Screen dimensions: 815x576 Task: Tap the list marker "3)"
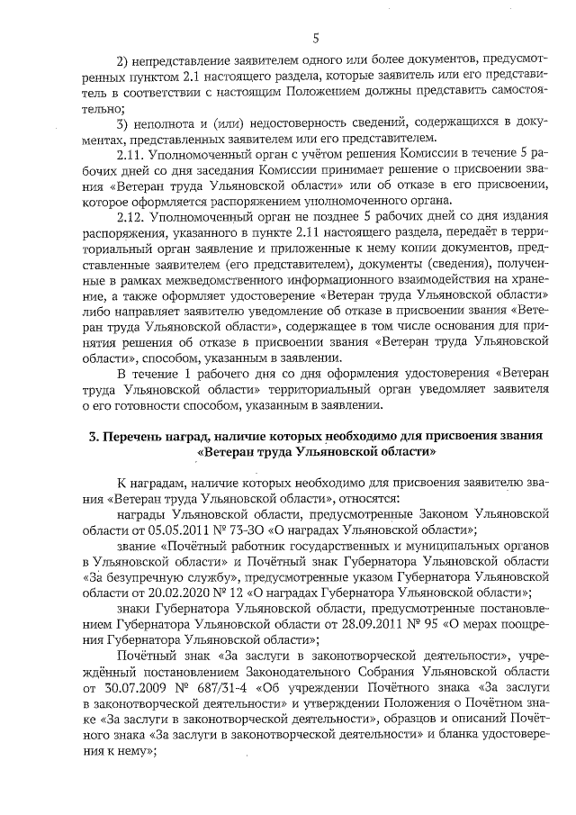pos(126,122)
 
